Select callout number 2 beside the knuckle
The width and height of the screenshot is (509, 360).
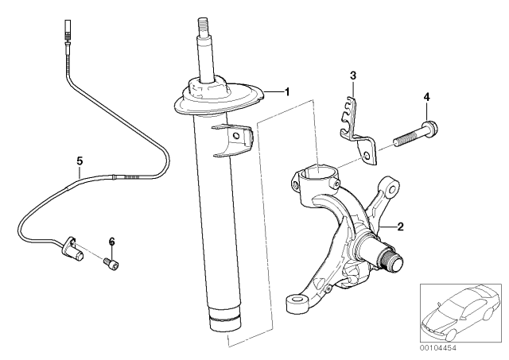pyautogui.click(x=400, y=226)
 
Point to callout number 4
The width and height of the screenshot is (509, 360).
pyautogui.click(x=426, y=97)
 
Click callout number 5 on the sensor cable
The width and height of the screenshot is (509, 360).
pyautogui.click(x=80, y=161)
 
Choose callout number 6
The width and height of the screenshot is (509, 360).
pyautogui.click(x=111, y=241)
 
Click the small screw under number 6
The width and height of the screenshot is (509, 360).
pyautogui.click(x=112, y=265)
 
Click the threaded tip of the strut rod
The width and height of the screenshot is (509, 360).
pyautogui.click(x=202, y=24)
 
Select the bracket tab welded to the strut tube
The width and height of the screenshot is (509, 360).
pyautogui.click(x=235, y=138)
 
